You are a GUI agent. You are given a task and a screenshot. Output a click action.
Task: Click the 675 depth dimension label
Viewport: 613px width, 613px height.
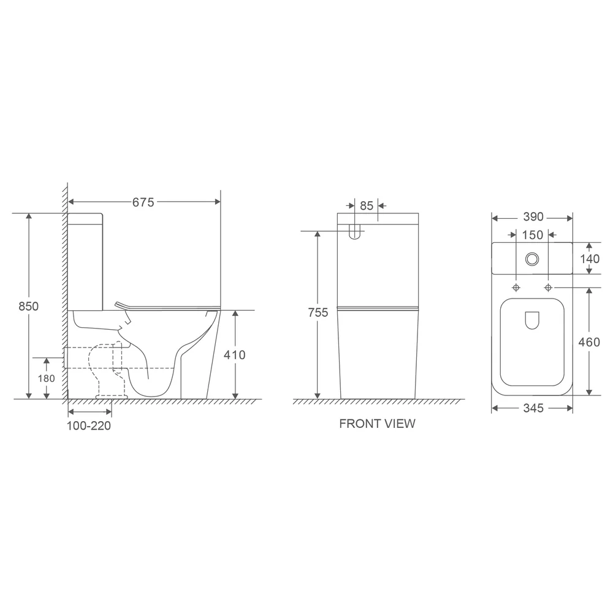pyautogui.click(x=143, y=202)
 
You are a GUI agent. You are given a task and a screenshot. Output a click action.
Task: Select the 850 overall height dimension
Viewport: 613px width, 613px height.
pyautogui.click(x=29, y=306)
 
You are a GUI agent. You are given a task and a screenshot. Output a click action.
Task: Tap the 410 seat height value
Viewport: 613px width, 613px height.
pyautogui.click(x=235, y=355)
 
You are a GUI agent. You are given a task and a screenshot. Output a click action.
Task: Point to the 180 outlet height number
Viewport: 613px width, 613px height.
pyautogui.click(x=46, y=378)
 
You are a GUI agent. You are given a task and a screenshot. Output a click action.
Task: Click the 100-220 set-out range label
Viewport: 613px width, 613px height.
pyautogui.click(x=89, y=426)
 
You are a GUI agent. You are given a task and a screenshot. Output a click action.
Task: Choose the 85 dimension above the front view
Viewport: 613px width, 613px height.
pyautogui.click(x=367, y=205)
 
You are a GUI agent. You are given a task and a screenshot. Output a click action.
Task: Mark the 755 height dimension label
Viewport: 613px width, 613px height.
pyautogui.click(x=318, y=313)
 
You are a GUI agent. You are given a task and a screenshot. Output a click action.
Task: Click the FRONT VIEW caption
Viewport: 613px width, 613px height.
pyautogui.click(x=377, y=424)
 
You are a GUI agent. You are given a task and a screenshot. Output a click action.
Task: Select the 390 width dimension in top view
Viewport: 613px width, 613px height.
pyautogui.click(x=533, y=217)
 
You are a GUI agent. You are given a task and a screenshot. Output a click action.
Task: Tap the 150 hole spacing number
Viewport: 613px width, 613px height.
pyautogui.click(x=533, y=235)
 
